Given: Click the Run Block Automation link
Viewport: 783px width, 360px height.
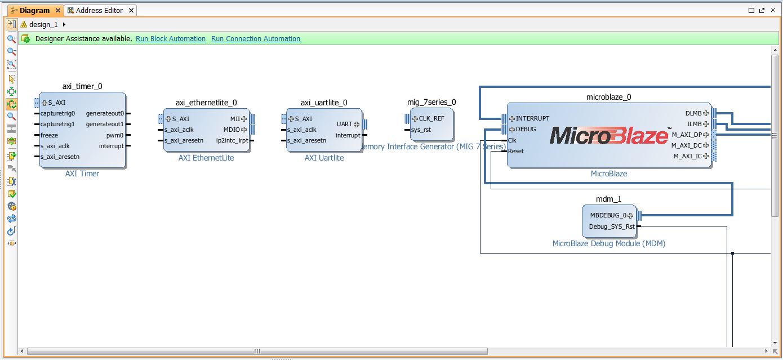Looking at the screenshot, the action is click(x=171, y=39).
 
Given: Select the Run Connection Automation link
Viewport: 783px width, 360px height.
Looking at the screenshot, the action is click(x=256, y=39).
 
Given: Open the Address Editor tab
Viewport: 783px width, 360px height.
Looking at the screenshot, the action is click(x=99, y=11).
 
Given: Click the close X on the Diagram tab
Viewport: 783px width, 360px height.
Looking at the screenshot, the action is click(x=58, y=11).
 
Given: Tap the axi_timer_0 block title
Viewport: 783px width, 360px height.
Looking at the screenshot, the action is click(x=82, y=86).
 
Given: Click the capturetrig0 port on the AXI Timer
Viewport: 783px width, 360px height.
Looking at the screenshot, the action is click(x=57, y=113).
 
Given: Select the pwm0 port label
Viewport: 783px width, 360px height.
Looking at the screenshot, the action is click(x=115, y=135).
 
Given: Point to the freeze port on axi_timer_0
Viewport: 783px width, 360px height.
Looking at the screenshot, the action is click(x=49, y=135).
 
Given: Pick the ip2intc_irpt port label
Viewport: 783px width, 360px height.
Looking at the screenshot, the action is click(x=232, y=140).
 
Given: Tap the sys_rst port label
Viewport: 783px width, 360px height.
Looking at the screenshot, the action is click(x=421, y=130).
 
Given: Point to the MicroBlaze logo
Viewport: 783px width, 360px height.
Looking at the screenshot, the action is click(x=608, y=135).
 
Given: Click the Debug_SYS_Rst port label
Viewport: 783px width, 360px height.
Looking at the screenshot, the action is click(x=612, y=226).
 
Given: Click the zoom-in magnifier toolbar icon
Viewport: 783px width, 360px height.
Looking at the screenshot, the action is click(x=11, y=39).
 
